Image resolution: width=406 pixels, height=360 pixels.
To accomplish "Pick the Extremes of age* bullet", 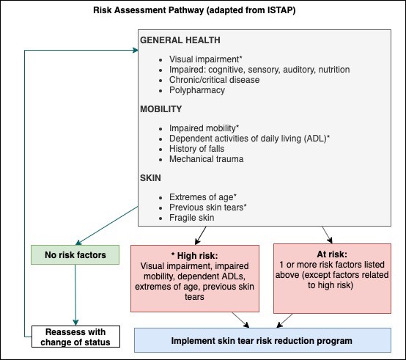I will (x=202, y=196).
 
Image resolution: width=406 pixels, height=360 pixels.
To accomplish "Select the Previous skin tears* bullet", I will (x=207, y=207).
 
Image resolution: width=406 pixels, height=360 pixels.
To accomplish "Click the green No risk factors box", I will (x=74, y=255).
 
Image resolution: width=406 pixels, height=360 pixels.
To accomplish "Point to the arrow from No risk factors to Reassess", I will (x=75, y=293).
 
